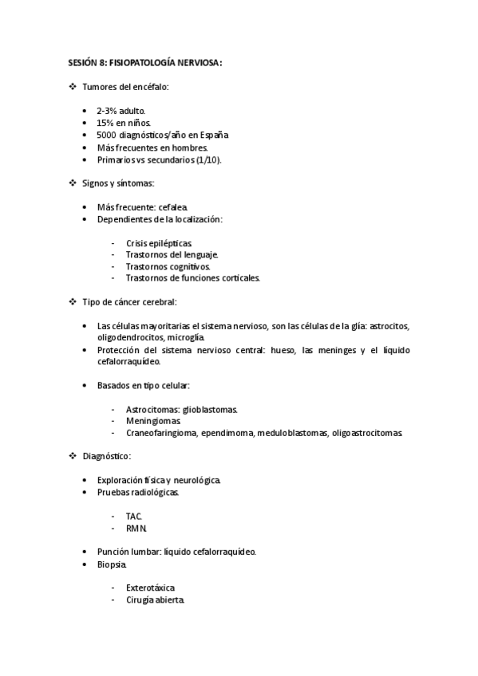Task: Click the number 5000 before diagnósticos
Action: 108,136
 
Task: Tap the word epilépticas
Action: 170,242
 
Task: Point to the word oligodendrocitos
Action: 130,338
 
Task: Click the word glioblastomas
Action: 209,409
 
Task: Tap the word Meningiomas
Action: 152,421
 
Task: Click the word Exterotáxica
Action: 150,588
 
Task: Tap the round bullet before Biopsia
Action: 85,564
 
